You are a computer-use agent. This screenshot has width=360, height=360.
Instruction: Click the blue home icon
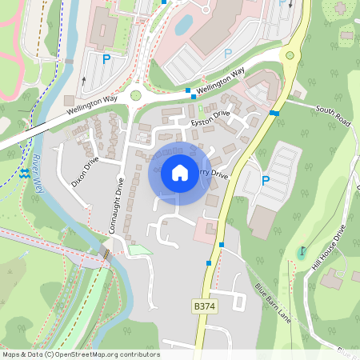click(180, 173)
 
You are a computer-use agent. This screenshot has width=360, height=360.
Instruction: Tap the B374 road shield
click(205, 306)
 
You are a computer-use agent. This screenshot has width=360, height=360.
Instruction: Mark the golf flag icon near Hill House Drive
click(302, 251)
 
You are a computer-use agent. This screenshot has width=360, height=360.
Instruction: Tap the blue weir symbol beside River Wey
click(25, 173)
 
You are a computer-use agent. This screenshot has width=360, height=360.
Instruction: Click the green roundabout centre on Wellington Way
click(135, 95)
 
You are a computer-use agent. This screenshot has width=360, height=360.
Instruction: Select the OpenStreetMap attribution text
click(80, 354)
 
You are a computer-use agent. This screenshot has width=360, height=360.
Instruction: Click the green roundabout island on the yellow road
click(290, 56)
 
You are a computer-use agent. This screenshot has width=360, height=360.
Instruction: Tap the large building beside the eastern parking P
click(262, 220)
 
